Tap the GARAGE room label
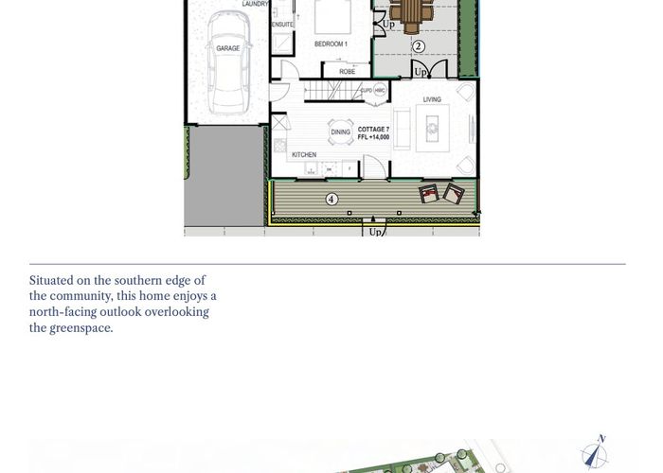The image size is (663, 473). point(227,47)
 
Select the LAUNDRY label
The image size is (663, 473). point(255,4)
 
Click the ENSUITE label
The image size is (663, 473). point(282,25)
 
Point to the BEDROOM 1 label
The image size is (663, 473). point(331,44)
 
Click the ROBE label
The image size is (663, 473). point(347,72)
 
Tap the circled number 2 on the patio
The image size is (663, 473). point(418,45)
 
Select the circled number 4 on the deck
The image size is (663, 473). point(331,199)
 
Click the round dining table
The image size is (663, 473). point(339,131)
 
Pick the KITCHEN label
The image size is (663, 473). point(303,155)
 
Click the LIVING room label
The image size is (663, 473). point(432,99)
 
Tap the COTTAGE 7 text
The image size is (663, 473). point(373,129)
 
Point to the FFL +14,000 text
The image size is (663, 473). point(373,137)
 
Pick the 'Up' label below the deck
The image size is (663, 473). point(375,232)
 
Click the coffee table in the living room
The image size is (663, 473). point(435,122)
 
